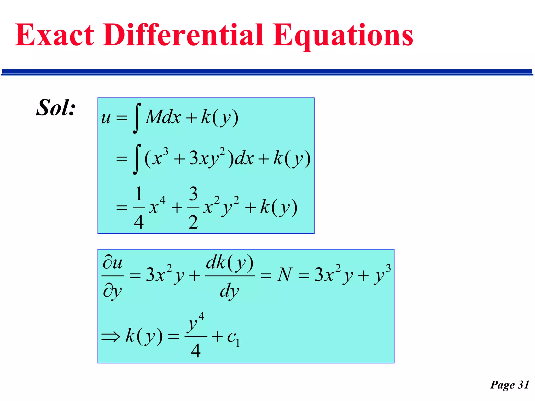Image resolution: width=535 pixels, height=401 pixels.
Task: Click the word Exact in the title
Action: click(54, 35)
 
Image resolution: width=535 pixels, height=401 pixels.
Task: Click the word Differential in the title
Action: click(183, 35)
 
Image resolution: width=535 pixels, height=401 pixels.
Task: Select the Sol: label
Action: click(56, 108)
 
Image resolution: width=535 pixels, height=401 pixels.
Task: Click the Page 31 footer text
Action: click(510, 385)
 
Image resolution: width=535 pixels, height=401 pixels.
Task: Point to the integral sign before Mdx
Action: click(137, 118)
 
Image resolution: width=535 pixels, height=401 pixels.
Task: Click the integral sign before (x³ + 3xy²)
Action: click(137, 159)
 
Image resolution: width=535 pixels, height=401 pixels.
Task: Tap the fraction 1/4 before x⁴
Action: click(139, 208)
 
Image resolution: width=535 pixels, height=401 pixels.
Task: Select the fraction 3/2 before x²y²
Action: click(193, 208)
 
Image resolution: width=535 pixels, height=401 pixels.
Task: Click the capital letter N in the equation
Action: click(284, 275)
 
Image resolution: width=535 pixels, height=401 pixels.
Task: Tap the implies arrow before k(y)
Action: click(111, 337)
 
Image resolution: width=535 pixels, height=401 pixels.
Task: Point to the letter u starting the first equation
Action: click(106, 118)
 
